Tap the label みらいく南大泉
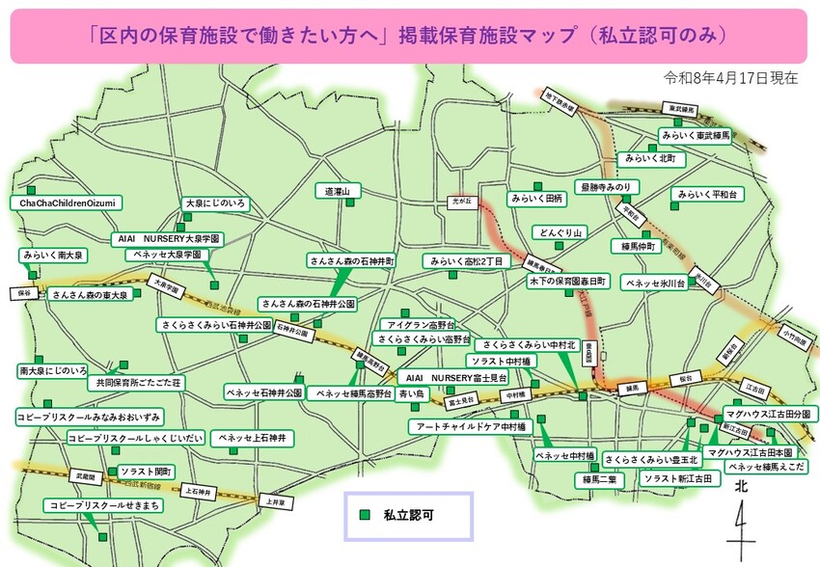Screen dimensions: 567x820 pyautogui.click(x=53, y=256)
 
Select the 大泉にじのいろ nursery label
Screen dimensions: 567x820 pyautogui.click(x=216, y=203)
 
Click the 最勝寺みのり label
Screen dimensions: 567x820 pyautogui.click(x=604, y=186)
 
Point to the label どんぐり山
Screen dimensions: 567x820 pyautogui.click(x=560, y=232)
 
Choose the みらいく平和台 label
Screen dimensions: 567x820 pyautogui.click(x=710, y=194)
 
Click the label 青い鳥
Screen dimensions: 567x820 pyautogui.click(x=411, y=393)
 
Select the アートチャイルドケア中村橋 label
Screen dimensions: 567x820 pyautogui.click(x=467, y=425)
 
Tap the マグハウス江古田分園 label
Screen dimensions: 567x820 pyautogui.click(x=770, y=414)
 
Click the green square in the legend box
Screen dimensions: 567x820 pyautogui.click(x=365, y=516)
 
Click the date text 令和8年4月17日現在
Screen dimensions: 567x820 pyautogui.click(x=730, y=78)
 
